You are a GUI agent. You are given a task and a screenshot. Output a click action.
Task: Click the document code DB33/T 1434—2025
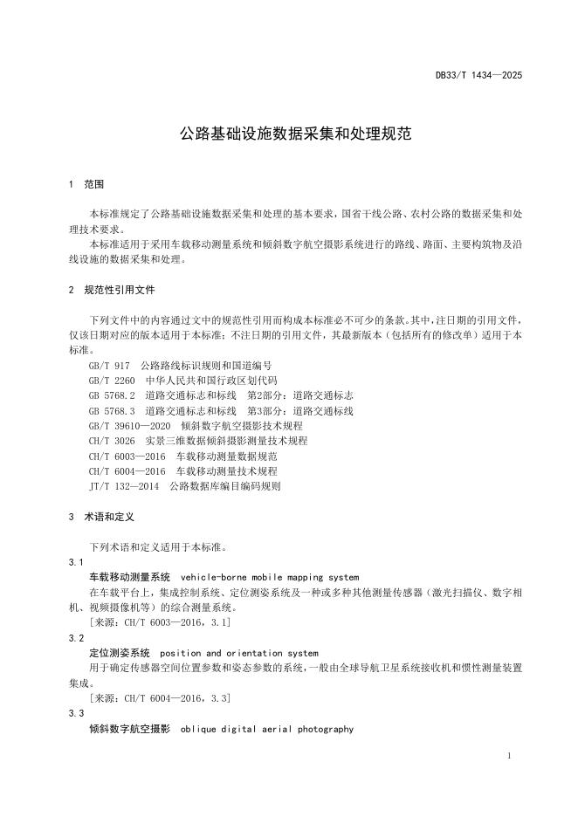tap(478, 76)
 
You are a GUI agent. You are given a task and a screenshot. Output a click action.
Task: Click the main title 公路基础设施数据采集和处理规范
tap(289, 134)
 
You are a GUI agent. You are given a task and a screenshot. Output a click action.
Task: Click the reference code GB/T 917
tap(109, 366)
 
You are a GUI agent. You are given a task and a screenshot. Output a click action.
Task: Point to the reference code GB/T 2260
tap(112, 381)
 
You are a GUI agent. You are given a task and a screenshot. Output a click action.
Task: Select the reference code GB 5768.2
tap(112, 395)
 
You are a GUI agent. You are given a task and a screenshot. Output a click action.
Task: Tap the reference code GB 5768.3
tap(112, 410)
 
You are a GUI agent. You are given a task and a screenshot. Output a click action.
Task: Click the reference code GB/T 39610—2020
tap(129, 425)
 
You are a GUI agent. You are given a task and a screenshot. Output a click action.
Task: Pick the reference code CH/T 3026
tap(112, 441)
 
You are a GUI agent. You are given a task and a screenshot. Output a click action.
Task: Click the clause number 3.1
tap(75, 562)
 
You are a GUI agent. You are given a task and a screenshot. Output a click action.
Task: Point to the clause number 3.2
tap(75, 638)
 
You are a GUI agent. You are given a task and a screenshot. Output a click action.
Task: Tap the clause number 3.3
tap(75, 713)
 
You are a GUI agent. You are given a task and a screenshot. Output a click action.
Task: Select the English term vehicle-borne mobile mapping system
tap(269, 578)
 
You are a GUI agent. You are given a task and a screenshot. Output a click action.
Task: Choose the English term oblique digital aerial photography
tap(266, 729)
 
